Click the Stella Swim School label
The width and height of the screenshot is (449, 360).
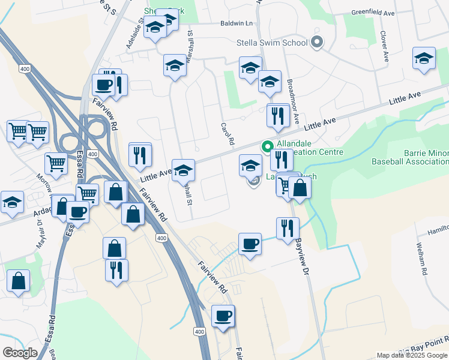[271, 43]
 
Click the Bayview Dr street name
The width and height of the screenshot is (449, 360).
[300, 253]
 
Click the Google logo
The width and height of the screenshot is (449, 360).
[20, 353]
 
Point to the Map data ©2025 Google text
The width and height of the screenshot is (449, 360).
[412, 355]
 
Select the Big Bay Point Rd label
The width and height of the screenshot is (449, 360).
[420, 345]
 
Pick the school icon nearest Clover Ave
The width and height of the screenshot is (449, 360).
[424, 59]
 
